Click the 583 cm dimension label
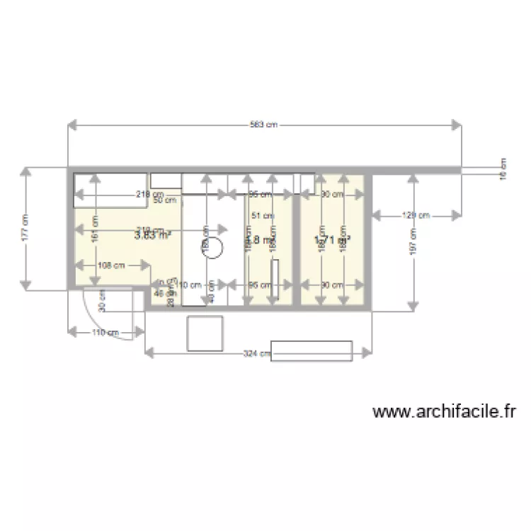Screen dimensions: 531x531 pyautogui.click(x=263, y=125)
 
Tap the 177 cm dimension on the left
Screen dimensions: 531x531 pyautogui.click(x=26, y=228)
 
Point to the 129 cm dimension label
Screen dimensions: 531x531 pyautogui.click(x=416, y=215)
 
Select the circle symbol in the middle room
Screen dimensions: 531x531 pyautogui.click(x=215, y=249)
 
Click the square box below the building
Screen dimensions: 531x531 pyautogui.click(x=205, y=333)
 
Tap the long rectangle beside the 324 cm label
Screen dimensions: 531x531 pyautogui.click(x=312, y=351)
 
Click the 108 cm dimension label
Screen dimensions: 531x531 pyautogui.click(x=110, y=265)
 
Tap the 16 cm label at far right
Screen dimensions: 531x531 pyautogui.click(x=503, y=170)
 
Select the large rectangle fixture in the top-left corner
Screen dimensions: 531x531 pyautogui.click(x=110, y=189)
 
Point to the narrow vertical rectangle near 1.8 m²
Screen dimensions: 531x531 pyautogui.click(x=273, y=282)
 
